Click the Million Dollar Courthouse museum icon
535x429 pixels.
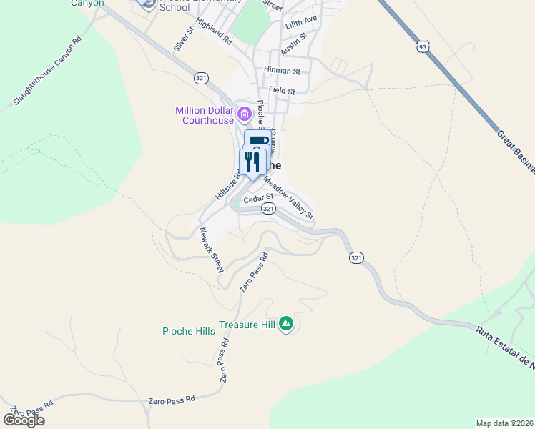coord(245,113)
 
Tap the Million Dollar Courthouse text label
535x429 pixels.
coord(205,114)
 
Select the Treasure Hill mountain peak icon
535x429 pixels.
coord(286,324)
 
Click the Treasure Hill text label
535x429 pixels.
coord(248,324)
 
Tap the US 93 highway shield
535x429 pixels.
coord(423,47)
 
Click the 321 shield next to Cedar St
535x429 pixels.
coord(268,208)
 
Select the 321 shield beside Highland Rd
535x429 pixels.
coord(200,77)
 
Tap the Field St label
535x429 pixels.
coord(282,90)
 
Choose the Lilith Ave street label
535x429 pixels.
coord(300,22)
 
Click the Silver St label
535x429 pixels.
coord(184,40)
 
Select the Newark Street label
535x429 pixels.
coord(212,249)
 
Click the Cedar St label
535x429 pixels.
coord(258,198)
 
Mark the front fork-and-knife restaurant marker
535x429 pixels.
coord(252,163)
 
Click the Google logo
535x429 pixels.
coord(24,420)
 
